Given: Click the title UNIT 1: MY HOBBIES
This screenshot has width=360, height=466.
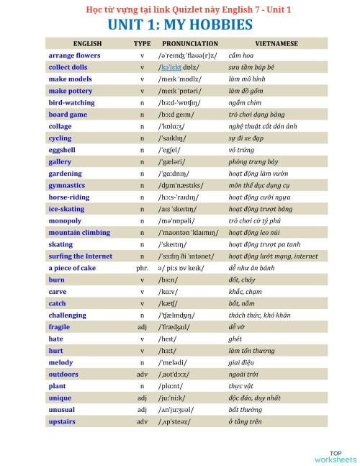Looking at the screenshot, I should tap(179, 25).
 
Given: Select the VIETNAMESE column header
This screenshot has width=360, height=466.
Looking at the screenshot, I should tap(276, 44).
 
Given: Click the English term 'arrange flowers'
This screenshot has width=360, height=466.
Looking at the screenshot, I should tap(74, 55).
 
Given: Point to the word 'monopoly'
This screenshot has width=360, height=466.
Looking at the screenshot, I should tap(65, 220).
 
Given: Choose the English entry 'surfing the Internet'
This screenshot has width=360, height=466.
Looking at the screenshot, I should tap(80, 256).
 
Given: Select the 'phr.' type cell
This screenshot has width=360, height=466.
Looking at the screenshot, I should tap(142, 268).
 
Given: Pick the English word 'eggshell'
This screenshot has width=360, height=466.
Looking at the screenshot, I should tap(63, 150).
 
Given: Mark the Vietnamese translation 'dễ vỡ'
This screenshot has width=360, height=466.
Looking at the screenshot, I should tap(238, 326).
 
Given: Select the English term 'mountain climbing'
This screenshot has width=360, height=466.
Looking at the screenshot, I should tap(79, 233).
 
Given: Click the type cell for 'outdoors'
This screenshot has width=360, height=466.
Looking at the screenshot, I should tap(142, 374).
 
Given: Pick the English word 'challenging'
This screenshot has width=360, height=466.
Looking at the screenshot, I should tap(67, 315).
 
